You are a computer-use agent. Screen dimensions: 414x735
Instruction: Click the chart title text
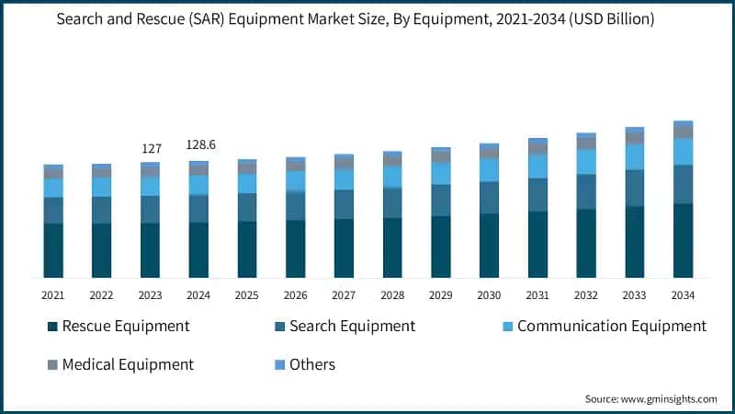click(367, 19)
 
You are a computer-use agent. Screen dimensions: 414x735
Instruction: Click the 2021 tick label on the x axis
click(53, 295)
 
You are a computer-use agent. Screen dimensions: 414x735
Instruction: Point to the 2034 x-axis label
click(683, 295)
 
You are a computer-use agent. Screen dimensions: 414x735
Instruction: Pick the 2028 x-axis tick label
click(392, 295)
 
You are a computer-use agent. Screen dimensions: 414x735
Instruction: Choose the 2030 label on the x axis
click(489, 295)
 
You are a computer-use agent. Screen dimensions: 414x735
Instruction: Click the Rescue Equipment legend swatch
click(53, 327)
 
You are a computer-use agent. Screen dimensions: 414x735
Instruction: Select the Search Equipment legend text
click(352, 327)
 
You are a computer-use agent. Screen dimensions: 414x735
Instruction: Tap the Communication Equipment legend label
click(612, 327)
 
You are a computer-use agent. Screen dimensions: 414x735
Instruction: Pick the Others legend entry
click(312, 364)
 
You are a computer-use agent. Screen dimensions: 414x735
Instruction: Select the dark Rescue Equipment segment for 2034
click(683, 241)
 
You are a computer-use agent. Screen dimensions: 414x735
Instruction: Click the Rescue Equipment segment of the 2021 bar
click(53, 250)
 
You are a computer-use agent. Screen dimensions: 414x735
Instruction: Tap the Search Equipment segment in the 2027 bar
click(344, 204)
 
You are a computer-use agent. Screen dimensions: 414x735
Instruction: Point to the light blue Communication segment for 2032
click(586, 162)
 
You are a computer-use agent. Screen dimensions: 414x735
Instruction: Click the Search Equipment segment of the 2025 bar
click(247, 207)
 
